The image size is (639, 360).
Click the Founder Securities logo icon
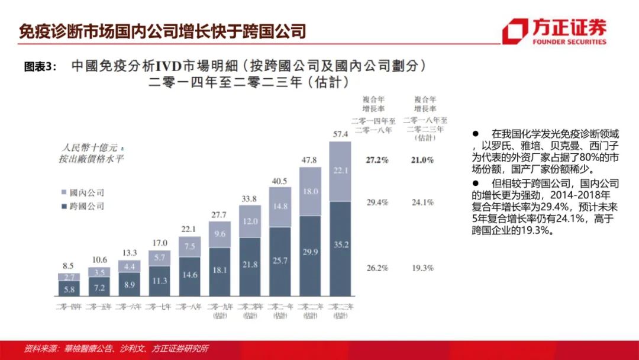515,31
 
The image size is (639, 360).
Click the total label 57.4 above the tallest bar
340,134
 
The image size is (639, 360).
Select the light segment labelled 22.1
340,171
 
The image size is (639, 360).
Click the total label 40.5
280,181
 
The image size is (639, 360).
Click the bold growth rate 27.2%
377,160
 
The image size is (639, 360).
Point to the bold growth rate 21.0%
422,160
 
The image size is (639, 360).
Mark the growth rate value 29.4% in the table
377,202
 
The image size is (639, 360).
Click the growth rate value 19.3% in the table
422,268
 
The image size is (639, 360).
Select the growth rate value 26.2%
377,268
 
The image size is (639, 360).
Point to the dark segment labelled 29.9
310,255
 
